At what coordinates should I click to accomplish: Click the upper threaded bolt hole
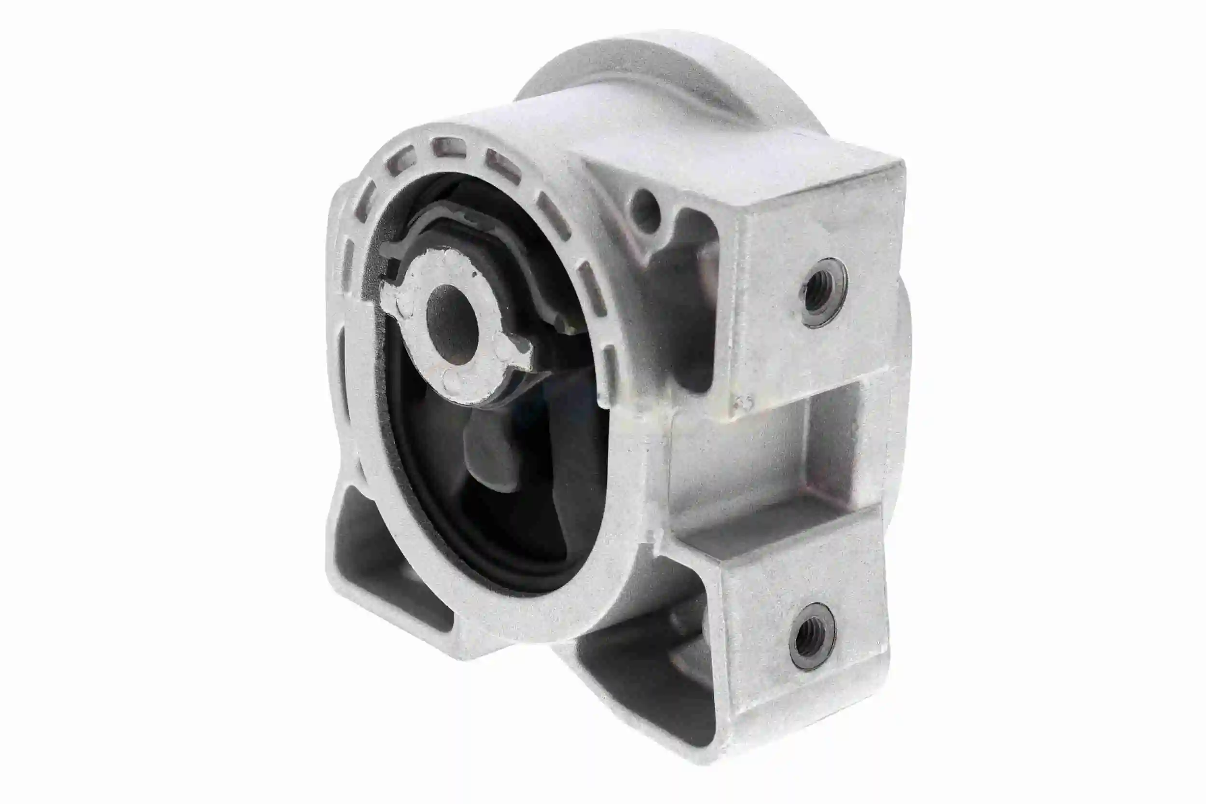(819, 293)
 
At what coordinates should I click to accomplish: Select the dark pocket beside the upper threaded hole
(692, 287)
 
